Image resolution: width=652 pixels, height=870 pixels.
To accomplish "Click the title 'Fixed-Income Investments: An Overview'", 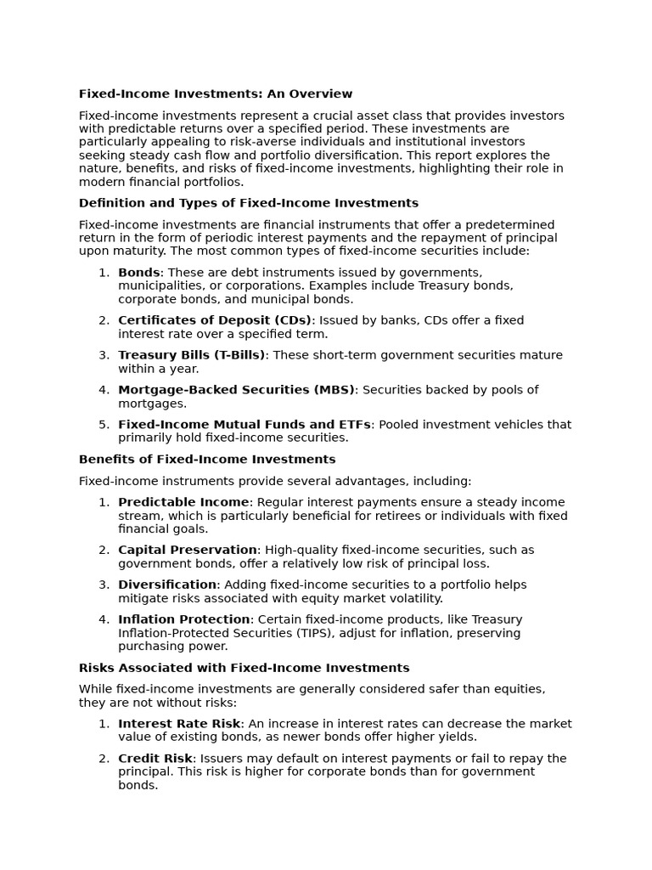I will (216, 94).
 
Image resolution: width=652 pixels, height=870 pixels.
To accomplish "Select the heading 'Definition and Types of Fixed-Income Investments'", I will (249, 203).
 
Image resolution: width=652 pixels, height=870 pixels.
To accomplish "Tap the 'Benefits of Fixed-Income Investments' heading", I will (207, 460).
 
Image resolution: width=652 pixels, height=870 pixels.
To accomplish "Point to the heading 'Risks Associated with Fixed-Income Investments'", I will (244, 668).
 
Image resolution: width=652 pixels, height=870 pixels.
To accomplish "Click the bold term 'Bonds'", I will (139, 273).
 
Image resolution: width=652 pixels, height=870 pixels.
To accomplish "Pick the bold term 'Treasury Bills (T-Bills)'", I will (192, 355).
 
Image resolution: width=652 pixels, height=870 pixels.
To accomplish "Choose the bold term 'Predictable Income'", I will (183, 502).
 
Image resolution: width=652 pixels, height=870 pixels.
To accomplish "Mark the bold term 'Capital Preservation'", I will (188, 550).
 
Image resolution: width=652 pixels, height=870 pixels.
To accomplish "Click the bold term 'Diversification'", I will (167, 585).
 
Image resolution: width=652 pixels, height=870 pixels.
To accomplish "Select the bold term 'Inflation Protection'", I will (184, 619).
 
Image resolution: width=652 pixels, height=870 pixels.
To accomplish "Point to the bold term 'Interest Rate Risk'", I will (179, 724).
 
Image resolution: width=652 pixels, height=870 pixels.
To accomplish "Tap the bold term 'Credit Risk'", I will (155, 759).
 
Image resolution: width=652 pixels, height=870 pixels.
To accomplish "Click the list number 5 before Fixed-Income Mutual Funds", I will (104, 425).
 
